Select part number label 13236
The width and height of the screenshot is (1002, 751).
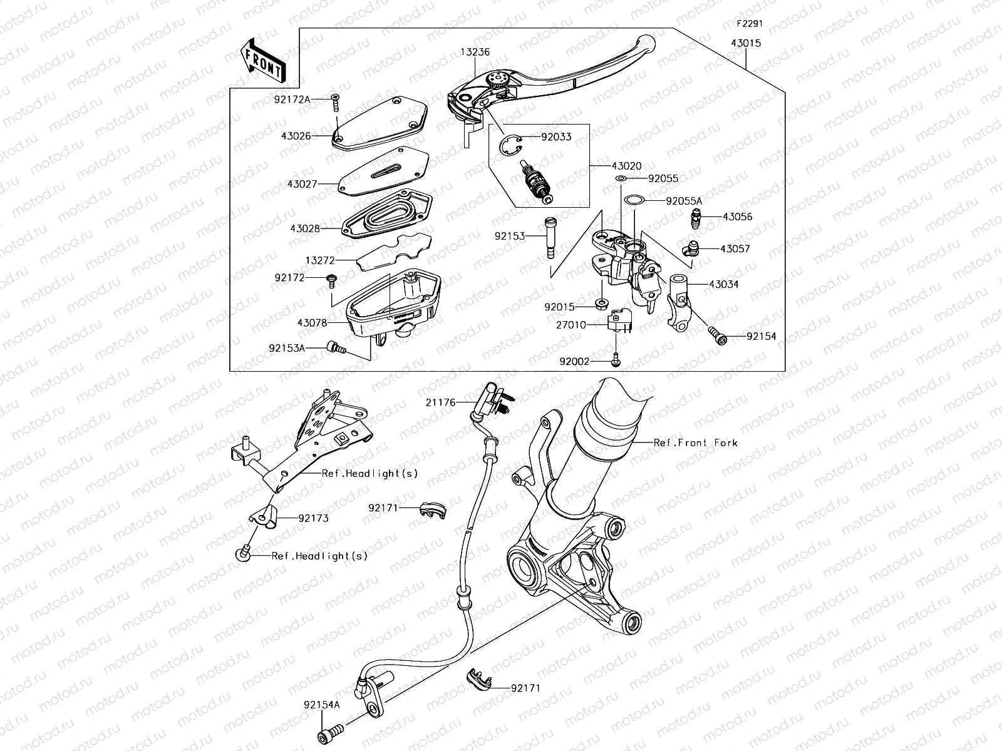[476, 53]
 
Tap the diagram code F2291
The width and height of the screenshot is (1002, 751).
[749, 24]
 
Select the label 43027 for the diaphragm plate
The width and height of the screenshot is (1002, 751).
[303, 185]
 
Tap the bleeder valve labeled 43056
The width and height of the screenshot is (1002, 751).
[696, 218]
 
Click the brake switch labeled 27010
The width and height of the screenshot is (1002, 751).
[619, 321]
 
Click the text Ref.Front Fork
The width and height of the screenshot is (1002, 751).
[695, 442]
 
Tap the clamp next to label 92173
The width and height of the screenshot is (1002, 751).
[263, 518]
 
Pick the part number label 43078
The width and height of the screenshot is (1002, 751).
[312, 323]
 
